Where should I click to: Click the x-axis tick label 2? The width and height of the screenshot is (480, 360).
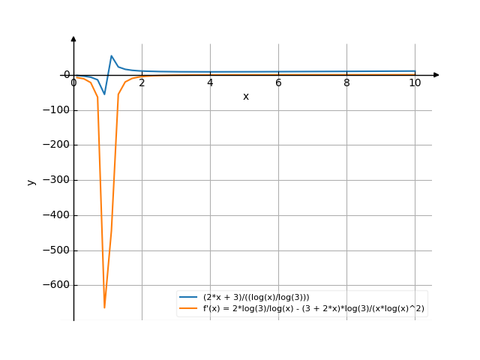pos(142,82)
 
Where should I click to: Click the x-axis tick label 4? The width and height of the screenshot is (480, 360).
pos(210,82)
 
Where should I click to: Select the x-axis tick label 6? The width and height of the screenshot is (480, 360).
pos(278,82)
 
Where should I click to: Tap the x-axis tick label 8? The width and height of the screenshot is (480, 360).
pos(346,82)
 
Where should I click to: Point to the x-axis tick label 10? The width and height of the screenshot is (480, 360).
pos(415,82)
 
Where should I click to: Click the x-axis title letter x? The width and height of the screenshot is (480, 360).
pos(245,97)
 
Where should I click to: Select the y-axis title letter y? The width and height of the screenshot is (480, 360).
pos(31,181)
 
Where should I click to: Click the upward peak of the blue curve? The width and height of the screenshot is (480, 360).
pos(112,55)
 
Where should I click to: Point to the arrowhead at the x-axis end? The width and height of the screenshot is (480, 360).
pos(436,75)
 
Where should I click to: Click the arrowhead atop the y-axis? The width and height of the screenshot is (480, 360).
pos(73,38)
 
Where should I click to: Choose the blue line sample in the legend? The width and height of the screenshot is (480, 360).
pos(189,298)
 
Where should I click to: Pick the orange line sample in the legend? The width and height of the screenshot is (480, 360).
pos(189,308)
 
